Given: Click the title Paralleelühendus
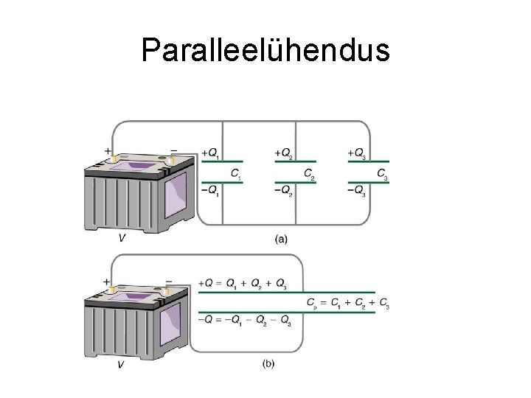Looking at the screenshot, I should click(265, 50).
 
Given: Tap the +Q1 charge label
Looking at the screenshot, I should click(209, 153).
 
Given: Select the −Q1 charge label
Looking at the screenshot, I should click(209, 190).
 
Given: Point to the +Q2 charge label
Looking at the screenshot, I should click(283, 153).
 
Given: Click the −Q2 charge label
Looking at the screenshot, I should click(283, 190).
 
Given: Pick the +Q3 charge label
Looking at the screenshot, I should click(357, 153).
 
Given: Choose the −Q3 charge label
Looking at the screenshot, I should click(357, 190).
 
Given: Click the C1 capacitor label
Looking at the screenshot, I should click(236, 175).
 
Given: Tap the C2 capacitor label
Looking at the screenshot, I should click(310, 175).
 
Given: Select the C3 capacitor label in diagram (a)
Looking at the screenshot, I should click(383, 175).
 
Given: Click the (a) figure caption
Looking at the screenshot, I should click(281, 238).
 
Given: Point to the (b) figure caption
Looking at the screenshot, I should click(268, 363).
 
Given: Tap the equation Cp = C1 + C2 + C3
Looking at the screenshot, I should click(347, 303).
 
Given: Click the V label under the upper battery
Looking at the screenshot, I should click(121, 238).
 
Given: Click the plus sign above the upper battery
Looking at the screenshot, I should click(108, 151).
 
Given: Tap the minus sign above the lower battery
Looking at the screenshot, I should click(169, 280).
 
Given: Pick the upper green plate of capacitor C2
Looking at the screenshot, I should click(295, 161).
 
